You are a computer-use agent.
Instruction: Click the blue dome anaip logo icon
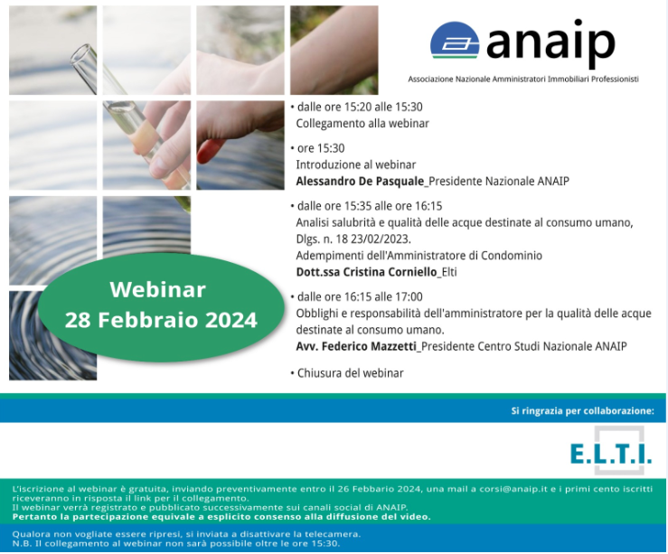click(x=455, y=41)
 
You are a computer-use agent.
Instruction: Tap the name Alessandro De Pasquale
click(x=360, y=182)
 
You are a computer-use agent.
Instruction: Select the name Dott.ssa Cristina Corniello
click(x=366, y=272)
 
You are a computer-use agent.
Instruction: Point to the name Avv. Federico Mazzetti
click(x=356, y=346)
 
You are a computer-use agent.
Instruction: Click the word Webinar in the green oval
click(x=158, y=289)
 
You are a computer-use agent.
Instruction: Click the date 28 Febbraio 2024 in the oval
click(x=161, y=320)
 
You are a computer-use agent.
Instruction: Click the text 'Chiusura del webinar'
click(x=350, y=373)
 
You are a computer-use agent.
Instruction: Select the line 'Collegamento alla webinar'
click(x=362, y=124)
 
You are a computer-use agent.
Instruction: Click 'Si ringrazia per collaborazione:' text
click(x=582, y=411)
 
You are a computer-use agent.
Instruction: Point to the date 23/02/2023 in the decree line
click(x=381, y=239)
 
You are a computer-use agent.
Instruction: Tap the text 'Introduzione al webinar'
click(x=356, y=164)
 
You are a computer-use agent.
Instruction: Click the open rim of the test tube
click(x=82, y=54)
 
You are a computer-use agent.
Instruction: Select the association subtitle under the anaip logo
click(x=523, y=80)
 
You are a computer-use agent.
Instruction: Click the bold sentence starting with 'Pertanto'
click(x=221, y=517)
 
